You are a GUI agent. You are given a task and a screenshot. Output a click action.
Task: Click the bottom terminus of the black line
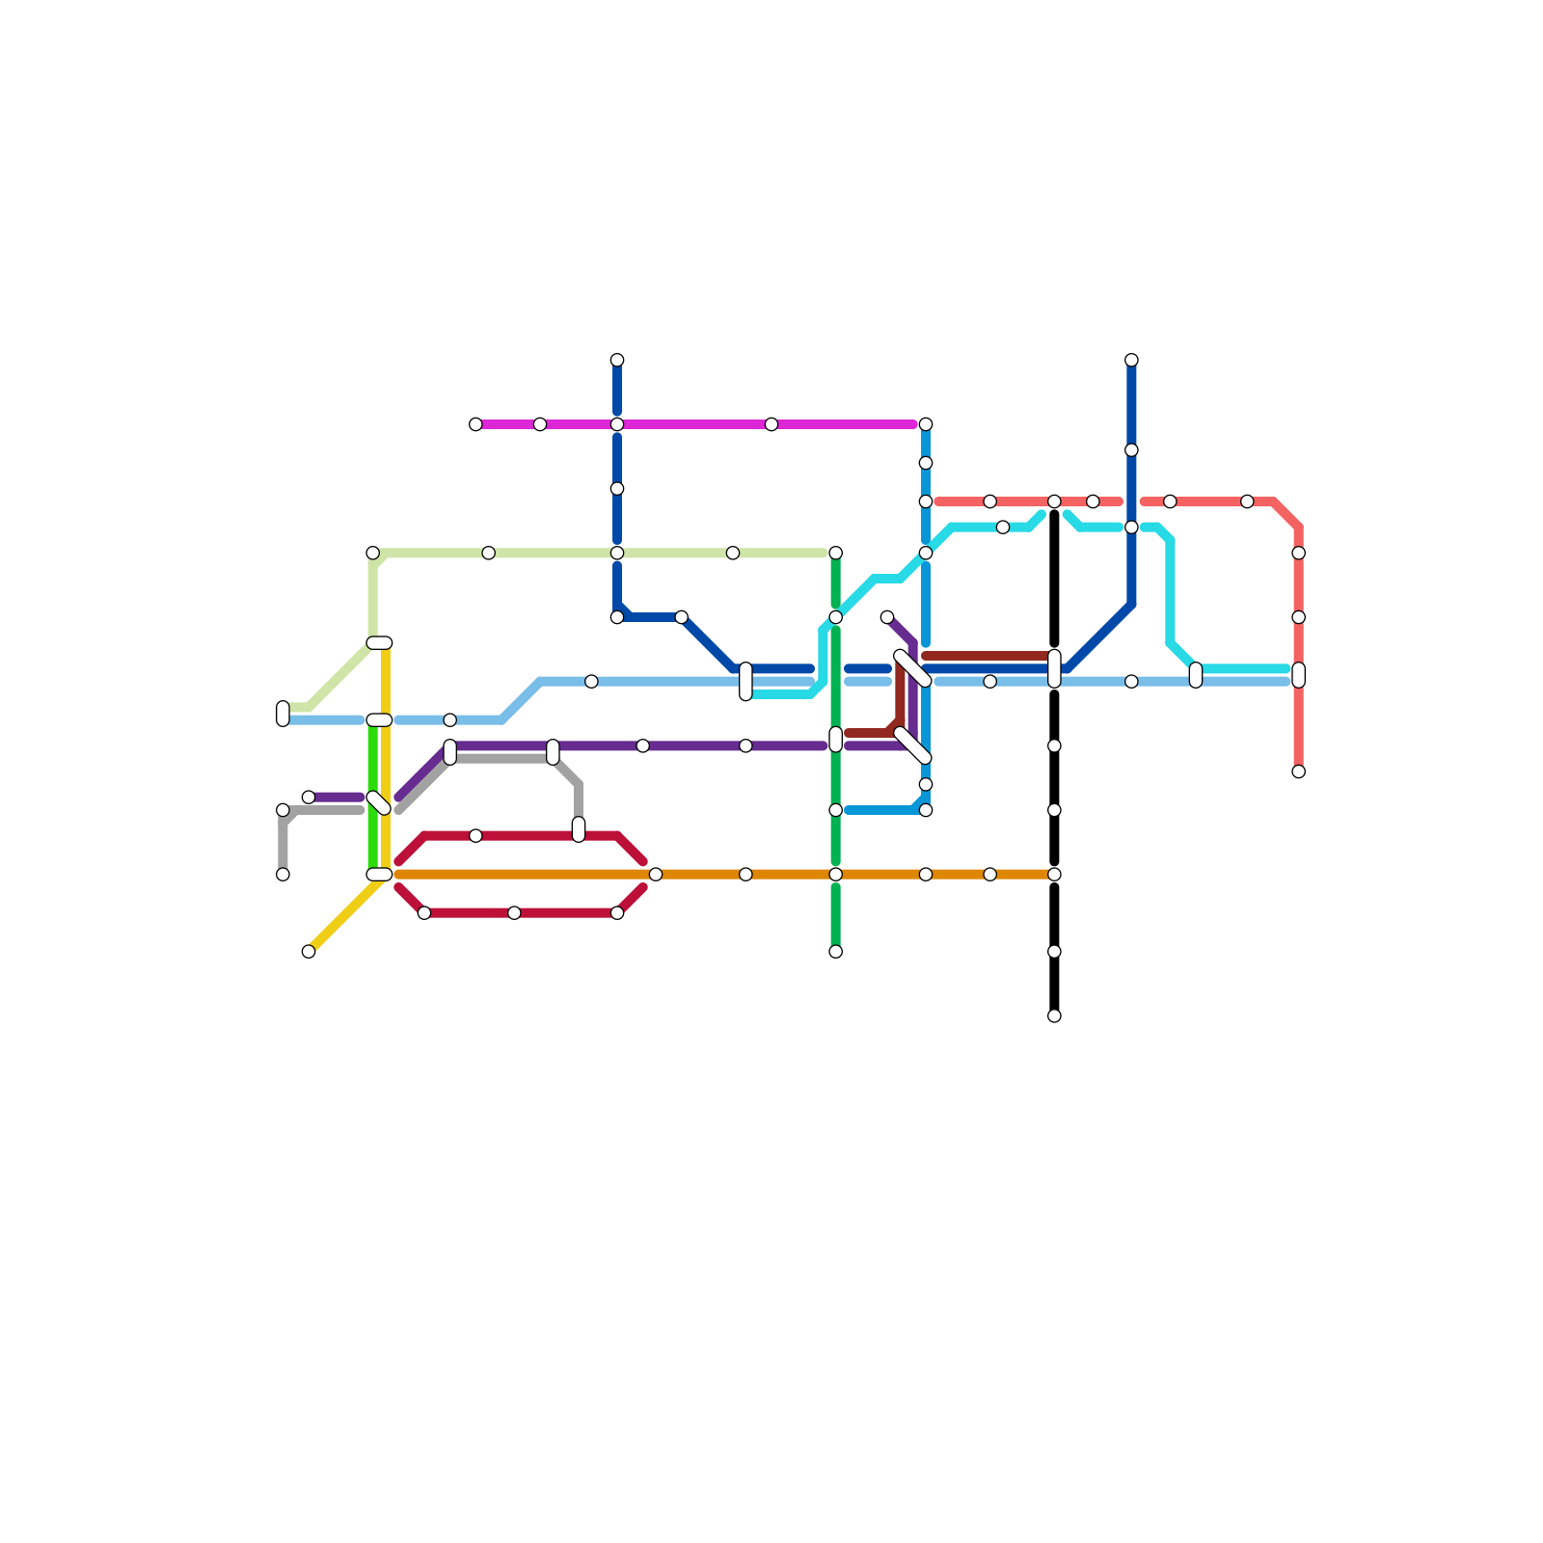pyautogui.click(x=1054, y=1015)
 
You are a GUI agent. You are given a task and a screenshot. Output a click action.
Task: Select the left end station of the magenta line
pyautogui.click(x=475, y=424)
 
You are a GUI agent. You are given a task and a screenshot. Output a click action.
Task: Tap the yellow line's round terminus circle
pyautogui.click(x=309, y=951)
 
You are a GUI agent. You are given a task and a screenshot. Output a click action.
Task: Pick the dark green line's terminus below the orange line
pyautogui.click(x=835, y=951)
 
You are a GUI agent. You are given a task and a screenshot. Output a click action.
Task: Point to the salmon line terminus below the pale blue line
pyautogui.click(x=1298, y=771)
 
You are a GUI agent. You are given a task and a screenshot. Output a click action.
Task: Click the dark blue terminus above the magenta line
pyautogui.click(x=617, y=361)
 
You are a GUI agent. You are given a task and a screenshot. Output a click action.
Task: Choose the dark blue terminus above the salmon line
pyautogui.click(x=1131, y=361)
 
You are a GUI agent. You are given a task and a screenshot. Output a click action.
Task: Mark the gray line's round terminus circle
pyautogui.click(x=283, y=875)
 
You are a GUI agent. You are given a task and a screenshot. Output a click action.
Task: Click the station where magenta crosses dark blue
pyautogui.click(x=617, y=424)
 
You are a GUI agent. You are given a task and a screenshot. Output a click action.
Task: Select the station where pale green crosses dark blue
pyautogui.click(x=617, y=553)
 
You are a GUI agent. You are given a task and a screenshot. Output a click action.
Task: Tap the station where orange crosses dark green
pyautogui.click(x=835, y=875)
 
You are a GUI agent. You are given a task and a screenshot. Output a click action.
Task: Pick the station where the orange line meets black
pyautogui.click(x=1054, y=875)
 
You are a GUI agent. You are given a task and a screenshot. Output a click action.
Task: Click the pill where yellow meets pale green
pyautogui.click(x=379, y=643)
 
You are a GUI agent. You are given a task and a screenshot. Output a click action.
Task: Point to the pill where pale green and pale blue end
pyautogui.click(x=283, y=714)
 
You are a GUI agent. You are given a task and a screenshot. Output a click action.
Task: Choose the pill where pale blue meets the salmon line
pyautogui.click(x=1298, y=675)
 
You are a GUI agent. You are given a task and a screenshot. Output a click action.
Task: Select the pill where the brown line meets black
pyautogui.click(x=1054, y=668)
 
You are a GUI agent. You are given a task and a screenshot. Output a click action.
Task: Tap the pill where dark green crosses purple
pyautogui.click(x=835, y=740)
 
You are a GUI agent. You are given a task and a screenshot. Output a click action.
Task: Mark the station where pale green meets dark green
pyautogui.click(x=835, y=553)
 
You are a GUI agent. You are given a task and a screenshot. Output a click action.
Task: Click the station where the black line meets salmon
pyautogui.click(x=1054, y=501)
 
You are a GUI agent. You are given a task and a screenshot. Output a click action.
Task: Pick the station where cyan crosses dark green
pyautogui.click(x=835, y=617)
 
